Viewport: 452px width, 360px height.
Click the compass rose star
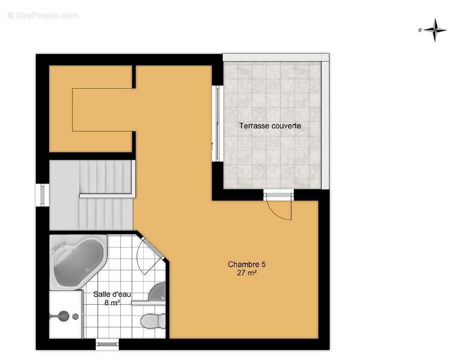pyautogui.click(x=436, y=30)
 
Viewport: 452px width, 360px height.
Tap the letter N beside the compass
pyautogui.click(x=420, y=30)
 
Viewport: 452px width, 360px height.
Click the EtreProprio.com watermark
pyautogui.click(x=43, y=15)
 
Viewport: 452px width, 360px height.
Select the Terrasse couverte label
pyautogui.click(x=270, y=126)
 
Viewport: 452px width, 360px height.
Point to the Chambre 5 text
pyautogui.click(x=247, y=264)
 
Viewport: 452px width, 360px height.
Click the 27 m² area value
pyautogui.click(x=247, y=273)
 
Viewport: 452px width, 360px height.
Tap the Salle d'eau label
pyautogui.click(x=112, y=294)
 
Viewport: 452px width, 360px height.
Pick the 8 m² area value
pyautogui.click(x=112, y=303)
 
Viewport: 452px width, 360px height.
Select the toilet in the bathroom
pyautogui.click(x=153, y=320)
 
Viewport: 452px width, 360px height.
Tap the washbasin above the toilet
pyautogui.click(x=157, y=292)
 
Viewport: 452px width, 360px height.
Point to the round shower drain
pyautogui.click(x=75, y=316)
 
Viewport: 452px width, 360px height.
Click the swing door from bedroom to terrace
pyautogui.click(x=279, y=205)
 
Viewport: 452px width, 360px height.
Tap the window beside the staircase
pyautogui.click(x=42, y=195)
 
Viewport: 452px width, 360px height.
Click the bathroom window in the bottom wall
pyautogui.click(x=107, y=344)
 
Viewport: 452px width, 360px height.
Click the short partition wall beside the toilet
pyautogui.click(x=149, y=303)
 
